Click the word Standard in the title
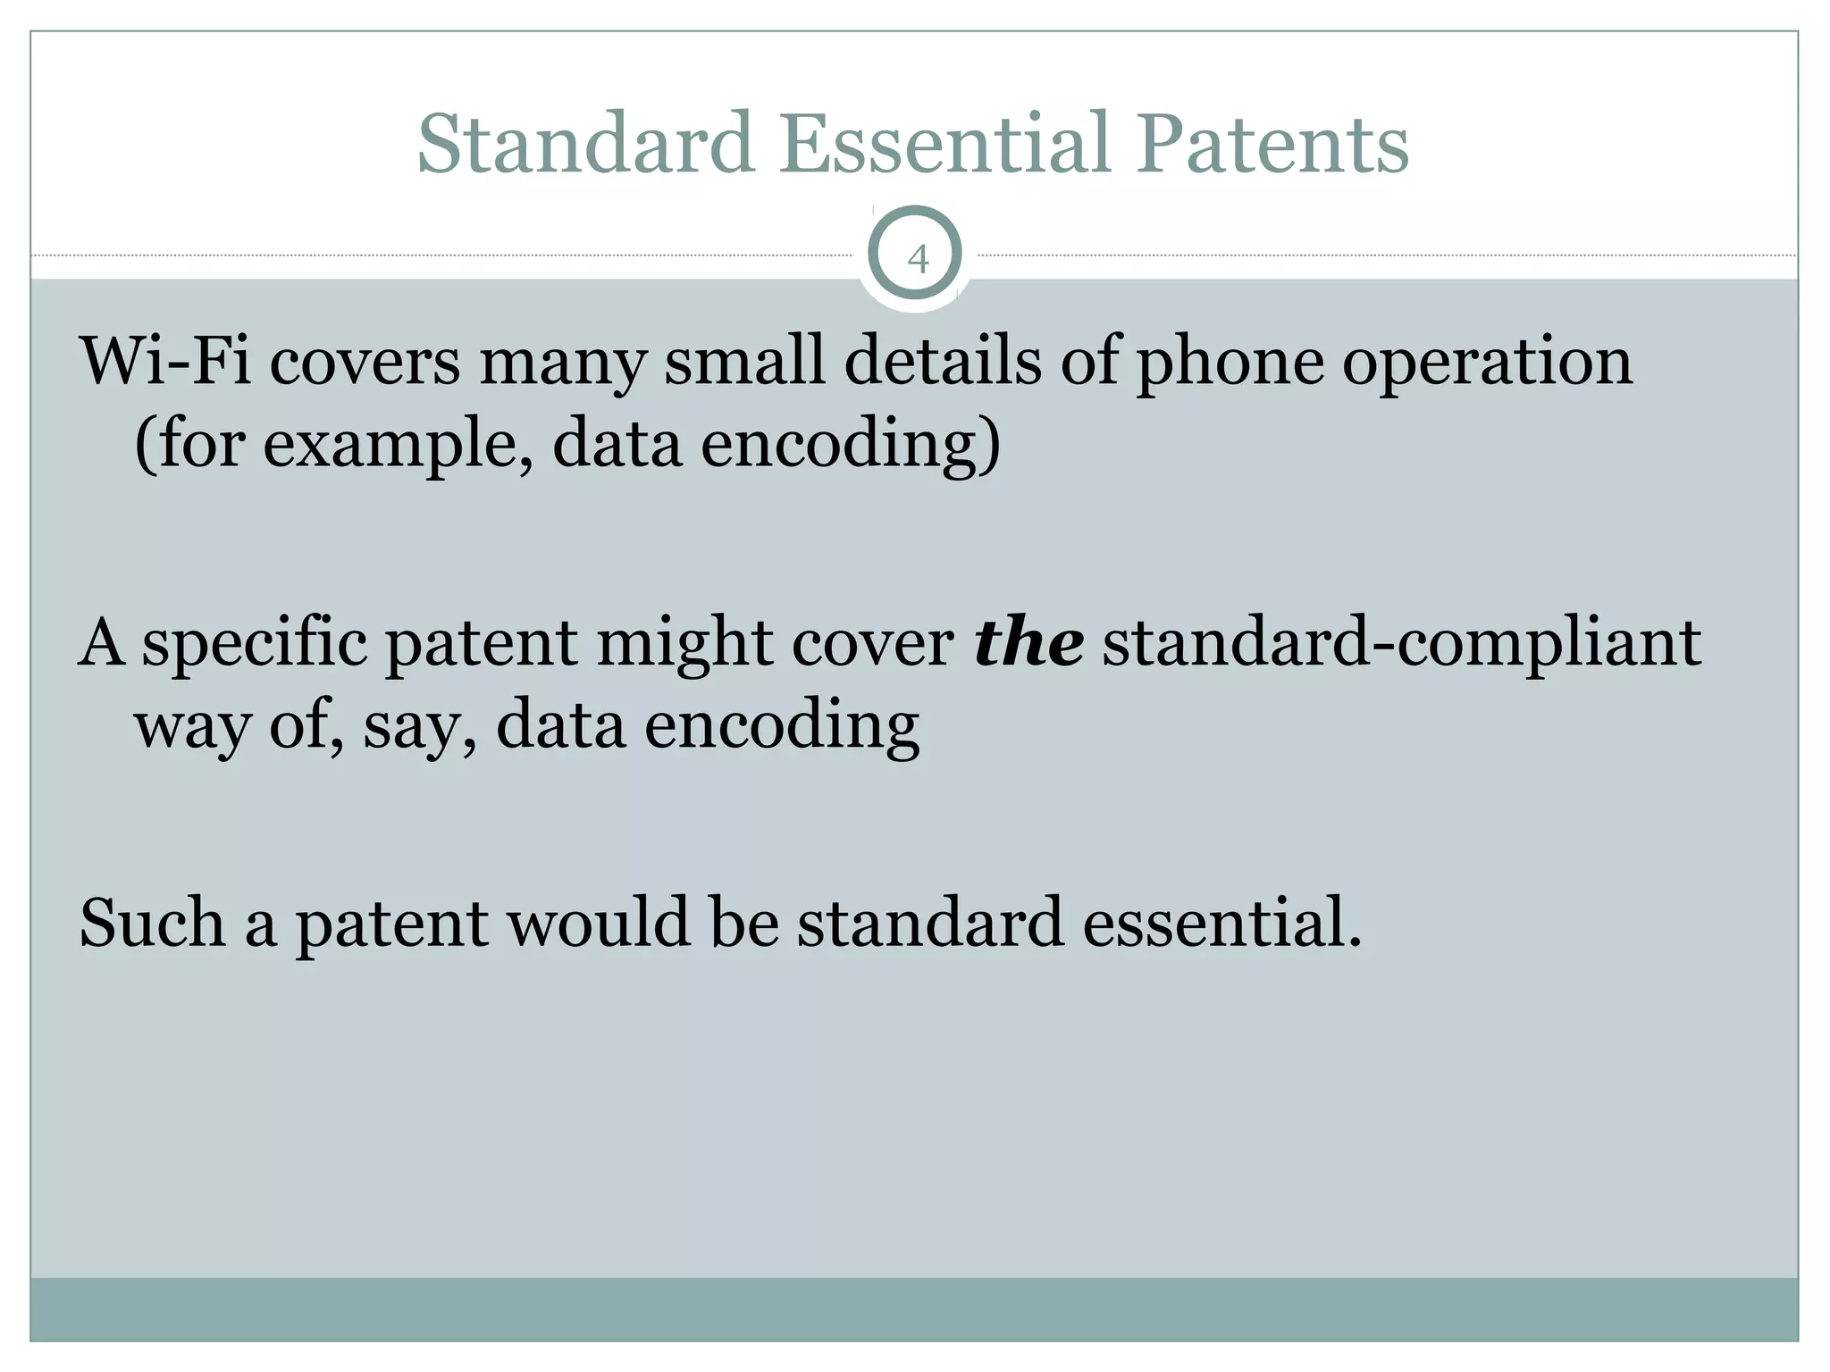click(585, 144)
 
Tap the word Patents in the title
click(1272, 144)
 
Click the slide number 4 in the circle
click(917, 260)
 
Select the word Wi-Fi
click(165, 361)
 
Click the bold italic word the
click(1028, 642)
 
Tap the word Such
click(152, 923)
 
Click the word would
click(600, 923)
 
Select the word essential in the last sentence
click(1221, 923)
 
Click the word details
click(943, 361)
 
